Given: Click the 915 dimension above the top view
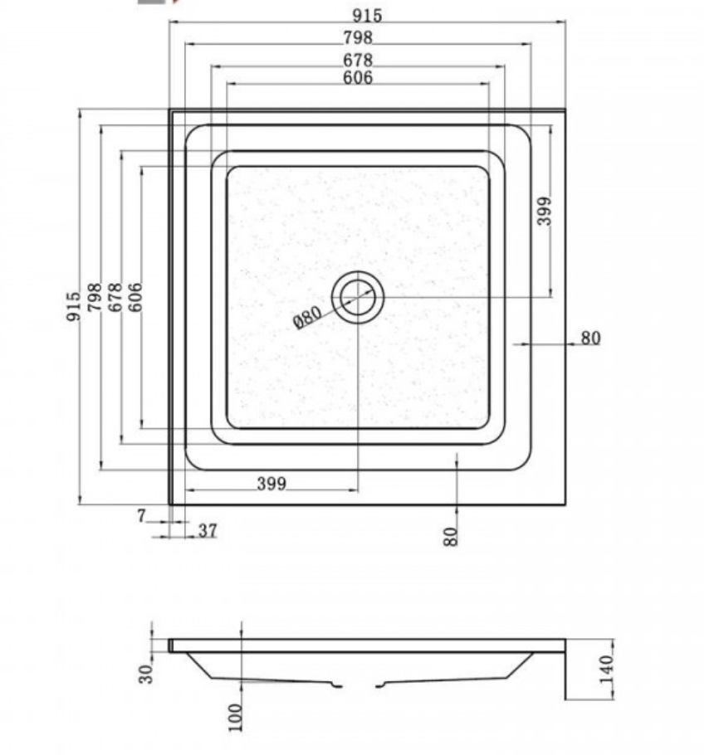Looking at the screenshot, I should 366,15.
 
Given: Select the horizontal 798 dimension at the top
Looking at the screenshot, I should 358,37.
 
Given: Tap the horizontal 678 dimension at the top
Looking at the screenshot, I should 358,60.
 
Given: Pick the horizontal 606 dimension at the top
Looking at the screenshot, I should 358,78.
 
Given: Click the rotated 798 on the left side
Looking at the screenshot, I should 95,297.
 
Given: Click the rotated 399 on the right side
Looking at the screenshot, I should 545,212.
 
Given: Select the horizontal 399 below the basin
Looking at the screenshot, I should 271,484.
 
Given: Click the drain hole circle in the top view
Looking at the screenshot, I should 358,296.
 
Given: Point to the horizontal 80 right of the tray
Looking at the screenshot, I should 590,338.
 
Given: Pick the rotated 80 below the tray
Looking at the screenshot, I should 451,535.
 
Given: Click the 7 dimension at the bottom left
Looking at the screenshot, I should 141,516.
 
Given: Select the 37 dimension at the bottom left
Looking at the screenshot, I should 208,531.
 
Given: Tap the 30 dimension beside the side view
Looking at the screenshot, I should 147,673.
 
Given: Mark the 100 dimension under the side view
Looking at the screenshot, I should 236,717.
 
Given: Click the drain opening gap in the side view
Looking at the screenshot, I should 360,684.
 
